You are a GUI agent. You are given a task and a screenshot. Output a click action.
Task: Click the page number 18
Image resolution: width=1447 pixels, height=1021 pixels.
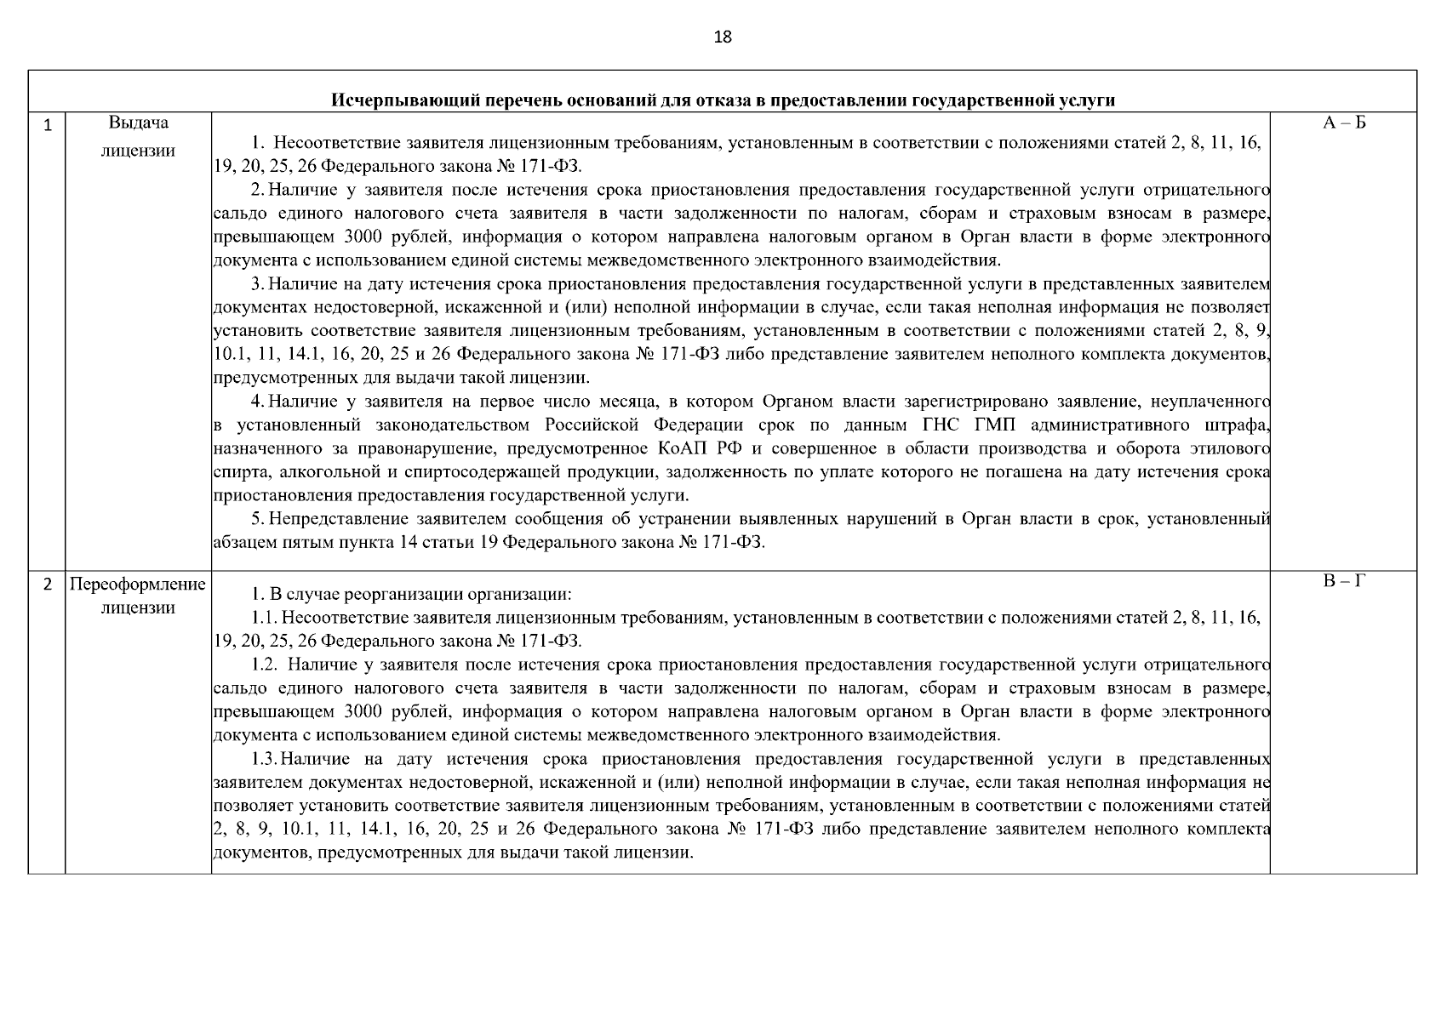pos(723,37)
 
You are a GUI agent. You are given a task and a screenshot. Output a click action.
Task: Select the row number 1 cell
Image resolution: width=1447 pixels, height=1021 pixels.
pos(48,126)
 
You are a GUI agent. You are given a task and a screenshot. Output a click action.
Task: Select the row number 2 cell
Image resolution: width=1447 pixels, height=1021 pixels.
pos(48,585)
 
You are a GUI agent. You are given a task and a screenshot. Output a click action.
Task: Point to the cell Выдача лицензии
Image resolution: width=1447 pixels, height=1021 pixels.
pos(138,137)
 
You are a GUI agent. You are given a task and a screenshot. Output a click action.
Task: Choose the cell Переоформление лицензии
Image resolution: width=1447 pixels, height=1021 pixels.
pos(138,596)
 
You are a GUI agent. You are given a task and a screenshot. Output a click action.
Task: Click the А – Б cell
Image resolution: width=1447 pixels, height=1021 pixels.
pos(1343,123)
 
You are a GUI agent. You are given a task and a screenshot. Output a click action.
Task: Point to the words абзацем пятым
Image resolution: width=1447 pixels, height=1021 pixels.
pos(261,542)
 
